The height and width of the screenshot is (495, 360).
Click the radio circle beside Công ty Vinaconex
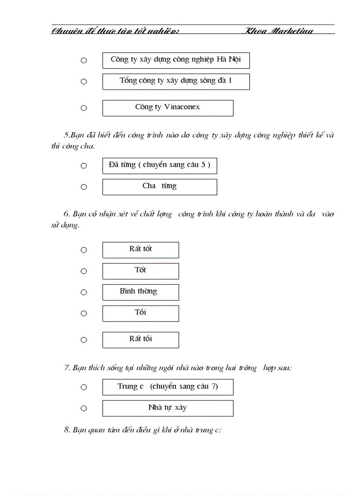(84, 108)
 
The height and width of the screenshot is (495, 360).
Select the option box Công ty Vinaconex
(168, 108)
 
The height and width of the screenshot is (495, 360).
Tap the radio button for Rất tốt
(84, 250)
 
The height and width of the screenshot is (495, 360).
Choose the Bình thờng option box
(140, 292)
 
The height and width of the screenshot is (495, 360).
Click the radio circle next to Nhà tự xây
(84, 408)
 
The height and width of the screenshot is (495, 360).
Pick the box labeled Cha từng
(159, 187)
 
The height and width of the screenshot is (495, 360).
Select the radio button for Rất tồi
(84, 340)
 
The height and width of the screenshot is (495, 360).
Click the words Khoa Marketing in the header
(279, 31)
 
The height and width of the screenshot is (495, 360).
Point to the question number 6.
(67, 214)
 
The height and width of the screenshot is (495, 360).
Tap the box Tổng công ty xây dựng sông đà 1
(176, 82)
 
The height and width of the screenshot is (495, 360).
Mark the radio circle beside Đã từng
(84, 166)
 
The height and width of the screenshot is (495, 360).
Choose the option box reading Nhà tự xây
(168, 408)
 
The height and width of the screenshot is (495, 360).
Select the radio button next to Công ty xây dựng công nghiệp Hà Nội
(84, 60)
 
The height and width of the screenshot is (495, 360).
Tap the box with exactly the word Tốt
(140, 271)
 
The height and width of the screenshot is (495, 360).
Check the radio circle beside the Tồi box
(84, 313)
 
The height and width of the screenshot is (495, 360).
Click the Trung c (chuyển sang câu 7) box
(168, 387)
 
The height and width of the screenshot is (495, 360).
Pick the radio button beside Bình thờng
(84, 292)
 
